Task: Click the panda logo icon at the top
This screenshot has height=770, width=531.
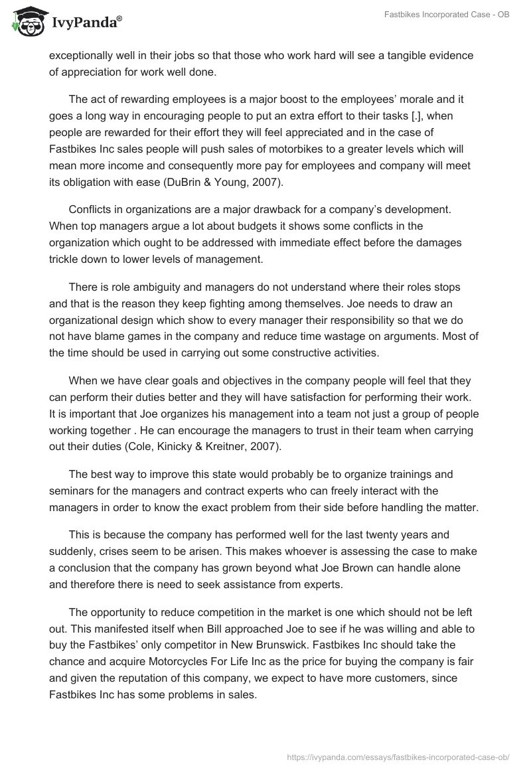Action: point(25,23)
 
